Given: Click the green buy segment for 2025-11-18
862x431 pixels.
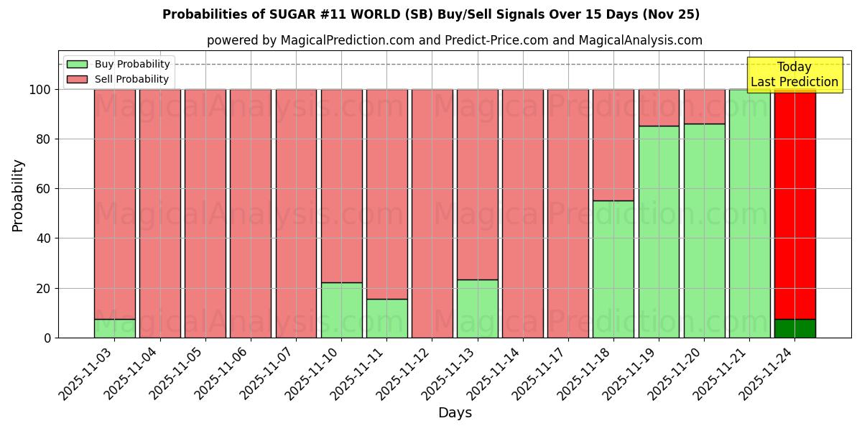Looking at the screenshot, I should (613, 269).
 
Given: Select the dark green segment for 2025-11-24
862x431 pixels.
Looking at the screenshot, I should (794, 328).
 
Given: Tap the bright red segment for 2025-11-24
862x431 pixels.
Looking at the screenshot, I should (794, 204).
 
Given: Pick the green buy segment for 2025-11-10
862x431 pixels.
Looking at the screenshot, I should (341, 310).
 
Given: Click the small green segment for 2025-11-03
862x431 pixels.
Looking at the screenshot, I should (114, 328).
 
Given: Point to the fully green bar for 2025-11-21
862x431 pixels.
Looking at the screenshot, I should (749, 213).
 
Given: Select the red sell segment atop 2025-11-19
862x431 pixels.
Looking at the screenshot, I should (659, 108).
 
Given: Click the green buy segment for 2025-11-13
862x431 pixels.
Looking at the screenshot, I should (477, 308).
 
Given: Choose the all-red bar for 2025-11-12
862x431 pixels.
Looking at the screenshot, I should (432, 213).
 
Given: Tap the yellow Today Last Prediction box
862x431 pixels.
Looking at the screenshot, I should (794, 75).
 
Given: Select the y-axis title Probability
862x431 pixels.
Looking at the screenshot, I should (18, 195).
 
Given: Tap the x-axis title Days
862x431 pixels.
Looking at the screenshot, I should (455, 413).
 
